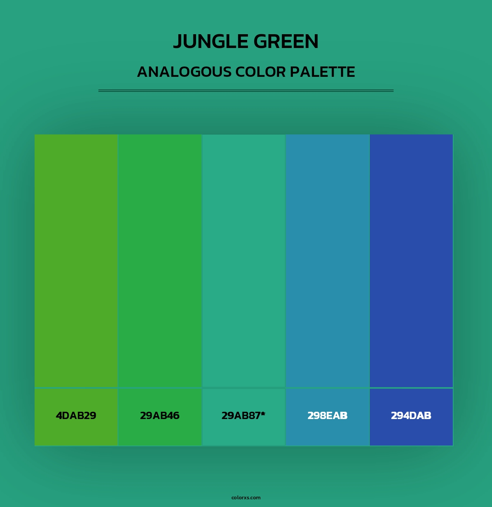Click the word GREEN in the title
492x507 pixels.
point(286,41)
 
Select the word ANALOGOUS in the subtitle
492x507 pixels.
point(184,72)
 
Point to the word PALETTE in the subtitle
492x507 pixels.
point(322,72)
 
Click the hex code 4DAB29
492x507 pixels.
point(76,416)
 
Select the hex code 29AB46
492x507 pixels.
point(160,416)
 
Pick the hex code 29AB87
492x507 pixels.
point(241,416)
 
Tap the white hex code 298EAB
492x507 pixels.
point(327,416)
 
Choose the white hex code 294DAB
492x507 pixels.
point(411,416)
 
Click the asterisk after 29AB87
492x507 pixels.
point(263,413)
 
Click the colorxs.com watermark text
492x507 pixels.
point(246,497)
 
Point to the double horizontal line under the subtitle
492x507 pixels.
point(246,91)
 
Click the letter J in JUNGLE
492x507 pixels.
point(178,42)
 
